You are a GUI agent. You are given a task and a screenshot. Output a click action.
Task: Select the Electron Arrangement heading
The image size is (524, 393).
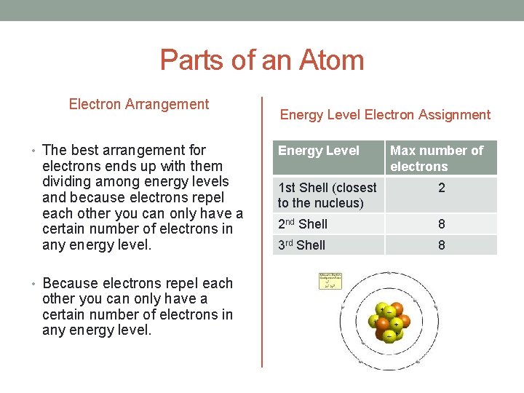point(138,104)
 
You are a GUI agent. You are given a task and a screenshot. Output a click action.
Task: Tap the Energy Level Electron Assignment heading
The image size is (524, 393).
point(385,114)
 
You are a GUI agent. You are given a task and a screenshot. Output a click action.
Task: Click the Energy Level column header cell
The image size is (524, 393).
point(319,151)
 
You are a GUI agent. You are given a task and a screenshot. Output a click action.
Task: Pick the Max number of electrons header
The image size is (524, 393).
point(437,158)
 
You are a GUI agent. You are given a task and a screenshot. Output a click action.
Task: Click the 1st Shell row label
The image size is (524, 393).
point(327,195)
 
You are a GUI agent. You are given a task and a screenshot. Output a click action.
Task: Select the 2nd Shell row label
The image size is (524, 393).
point(303,224)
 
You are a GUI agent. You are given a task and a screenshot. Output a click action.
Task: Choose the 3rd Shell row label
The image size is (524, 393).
point(302,245)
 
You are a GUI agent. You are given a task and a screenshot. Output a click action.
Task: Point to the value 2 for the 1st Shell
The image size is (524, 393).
point(441,188)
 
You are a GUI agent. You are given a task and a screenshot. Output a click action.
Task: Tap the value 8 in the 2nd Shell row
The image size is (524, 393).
point(441,224)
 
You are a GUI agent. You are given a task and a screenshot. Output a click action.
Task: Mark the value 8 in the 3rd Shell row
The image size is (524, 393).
point(441,245)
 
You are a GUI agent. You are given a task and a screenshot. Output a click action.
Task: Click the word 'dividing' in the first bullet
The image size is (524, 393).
point(67,182)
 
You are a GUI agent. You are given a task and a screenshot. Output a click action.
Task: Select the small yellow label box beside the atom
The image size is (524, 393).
point(330,281)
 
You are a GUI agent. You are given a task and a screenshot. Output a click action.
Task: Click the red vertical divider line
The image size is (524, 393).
point(261,231)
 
